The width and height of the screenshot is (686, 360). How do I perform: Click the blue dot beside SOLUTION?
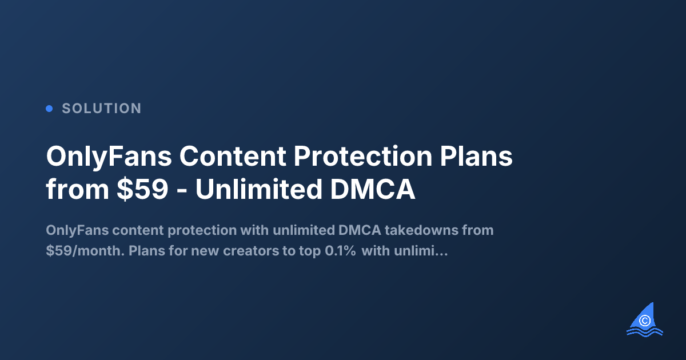tap(49, 108)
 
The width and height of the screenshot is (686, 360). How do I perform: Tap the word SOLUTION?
tap(102, 108)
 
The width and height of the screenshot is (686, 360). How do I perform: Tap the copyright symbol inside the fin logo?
tap(646, 321)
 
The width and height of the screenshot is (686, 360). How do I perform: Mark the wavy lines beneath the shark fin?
tap(645, 331)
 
